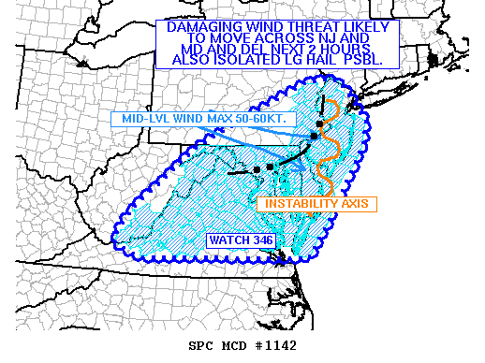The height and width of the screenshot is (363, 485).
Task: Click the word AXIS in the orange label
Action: point(357,204)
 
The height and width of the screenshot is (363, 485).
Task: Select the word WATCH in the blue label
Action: point(229,240)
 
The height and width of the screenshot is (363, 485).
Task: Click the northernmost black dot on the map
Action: point(319,123)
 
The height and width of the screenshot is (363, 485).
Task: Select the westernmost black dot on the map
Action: point(257,169)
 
